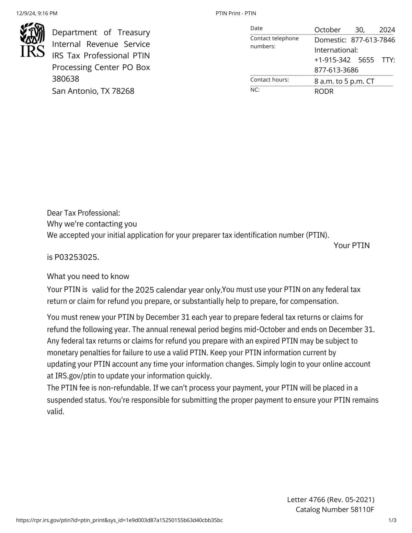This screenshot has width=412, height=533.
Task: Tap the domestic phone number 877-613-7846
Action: pyautogui.click(x=373, y=40)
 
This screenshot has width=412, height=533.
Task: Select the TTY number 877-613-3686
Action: pyautogui.click(x=336, y=70)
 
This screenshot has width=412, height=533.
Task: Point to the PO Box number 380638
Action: pyautogui.click(x=66, y=79)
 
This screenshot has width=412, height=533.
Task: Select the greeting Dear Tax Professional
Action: pyautogui.click(x=83, y=213)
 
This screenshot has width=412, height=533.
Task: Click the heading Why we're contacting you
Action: pyautogui.click(x=92, y=224)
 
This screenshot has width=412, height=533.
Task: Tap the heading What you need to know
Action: pyautogui.click(x=88, y=276)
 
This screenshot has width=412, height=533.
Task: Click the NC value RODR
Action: pyautogui.click(x=324, y=91)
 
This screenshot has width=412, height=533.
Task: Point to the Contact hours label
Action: pyautogui.click(x=270, y=80)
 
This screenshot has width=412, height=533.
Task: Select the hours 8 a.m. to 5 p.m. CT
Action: pyautogui.click(x=344, y=81)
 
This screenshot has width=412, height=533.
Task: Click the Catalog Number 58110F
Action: pyautogui.click(x=335, y=509)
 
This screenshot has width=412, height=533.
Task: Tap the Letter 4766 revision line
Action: pyautogui.click(x=331, y=499)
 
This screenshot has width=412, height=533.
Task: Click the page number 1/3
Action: pyautogui.click(x=392, y=520)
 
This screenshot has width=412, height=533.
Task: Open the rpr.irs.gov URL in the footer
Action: pyautogui.click(x=119, y=520)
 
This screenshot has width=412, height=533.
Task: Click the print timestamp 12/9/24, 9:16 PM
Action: pyautogui.click(x=37, y=13)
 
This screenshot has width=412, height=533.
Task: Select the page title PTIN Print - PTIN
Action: pyautogui.click(x=236, y=13)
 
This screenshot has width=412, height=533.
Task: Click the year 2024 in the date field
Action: pyautogui.click(x=387, y=30)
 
